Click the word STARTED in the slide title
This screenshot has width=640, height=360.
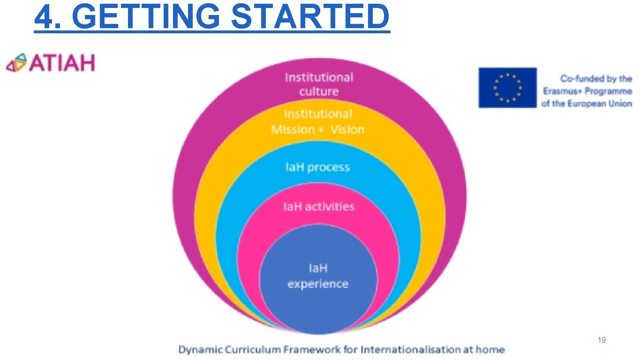310,16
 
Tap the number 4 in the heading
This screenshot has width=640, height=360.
43,16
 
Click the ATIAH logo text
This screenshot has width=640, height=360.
62,63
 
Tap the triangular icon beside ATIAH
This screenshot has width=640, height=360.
16,63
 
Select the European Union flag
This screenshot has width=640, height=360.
507,88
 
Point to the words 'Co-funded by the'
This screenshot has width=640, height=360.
596,79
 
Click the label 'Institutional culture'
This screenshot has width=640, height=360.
319,84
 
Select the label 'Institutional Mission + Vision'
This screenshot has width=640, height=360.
317,122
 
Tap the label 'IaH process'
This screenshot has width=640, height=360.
317,167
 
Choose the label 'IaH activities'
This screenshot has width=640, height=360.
318,207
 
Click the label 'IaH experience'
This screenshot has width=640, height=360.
318,276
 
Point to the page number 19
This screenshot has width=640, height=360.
602,340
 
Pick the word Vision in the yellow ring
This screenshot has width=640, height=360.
347,130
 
